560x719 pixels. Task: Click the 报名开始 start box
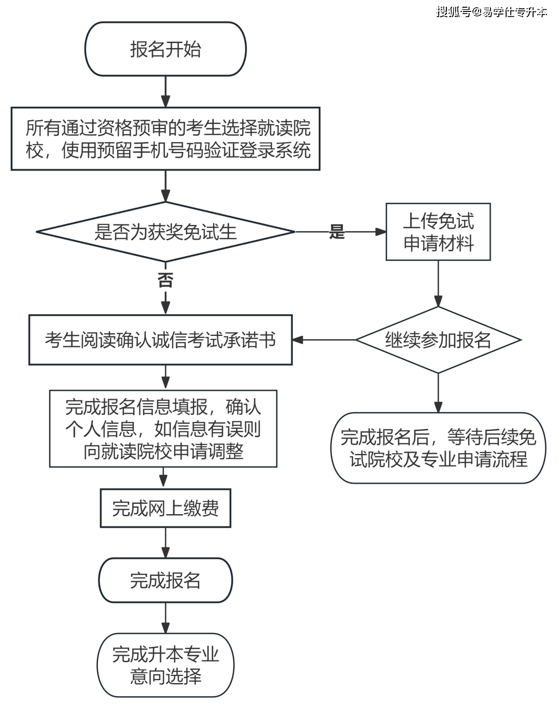[x=165, y=49]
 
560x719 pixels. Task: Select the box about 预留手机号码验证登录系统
[x=165, y=139]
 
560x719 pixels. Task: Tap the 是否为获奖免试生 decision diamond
[x=165, y=232]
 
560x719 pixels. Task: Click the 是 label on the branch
[x=337, y=232]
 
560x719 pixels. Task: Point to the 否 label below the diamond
[x=165, y=280]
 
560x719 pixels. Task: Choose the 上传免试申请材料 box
[x=438, y=232]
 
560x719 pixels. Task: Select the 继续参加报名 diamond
[x=438, y=340]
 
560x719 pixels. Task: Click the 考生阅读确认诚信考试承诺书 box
[x=161, y=340]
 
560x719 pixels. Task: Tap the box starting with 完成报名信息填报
[x=163, y=429]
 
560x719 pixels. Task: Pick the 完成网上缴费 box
[x=165, y=508]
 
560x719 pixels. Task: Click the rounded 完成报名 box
[x=165, y=580]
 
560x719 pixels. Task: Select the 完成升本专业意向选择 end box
[x=165, y=665]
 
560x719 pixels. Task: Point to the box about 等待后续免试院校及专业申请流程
[x=438, y=448]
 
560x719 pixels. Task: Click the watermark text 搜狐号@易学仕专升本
[x=492, y=12]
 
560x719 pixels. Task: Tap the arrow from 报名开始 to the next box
[x=165, y=92]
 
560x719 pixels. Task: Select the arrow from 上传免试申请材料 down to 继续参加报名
[x=438, y=283]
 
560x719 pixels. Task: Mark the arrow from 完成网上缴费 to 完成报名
[x=165, y=543]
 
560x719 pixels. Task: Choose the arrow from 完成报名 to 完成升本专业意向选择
[x=165, y=617]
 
